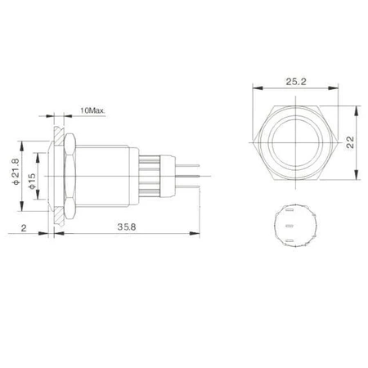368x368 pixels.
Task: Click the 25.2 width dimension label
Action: (x=296, y=81)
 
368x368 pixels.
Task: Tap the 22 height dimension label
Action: (x=350, y=142)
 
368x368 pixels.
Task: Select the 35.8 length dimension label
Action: (x=127, y=227)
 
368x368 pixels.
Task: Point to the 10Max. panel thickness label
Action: (x=92, y=110)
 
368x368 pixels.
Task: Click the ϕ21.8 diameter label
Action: (x=16, y=172)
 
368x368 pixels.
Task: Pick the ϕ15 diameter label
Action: (x=32, y=181)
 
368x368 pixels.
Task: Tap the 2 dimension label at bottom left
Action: (x=24, y=228)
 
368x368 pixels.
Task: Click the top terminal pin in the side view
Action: (x=187, y=165)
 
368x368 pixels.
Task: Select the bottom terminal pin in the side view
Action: (x=187, y=186)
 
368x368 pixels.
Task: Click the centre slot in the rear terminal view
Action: (x=290, y=226)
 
